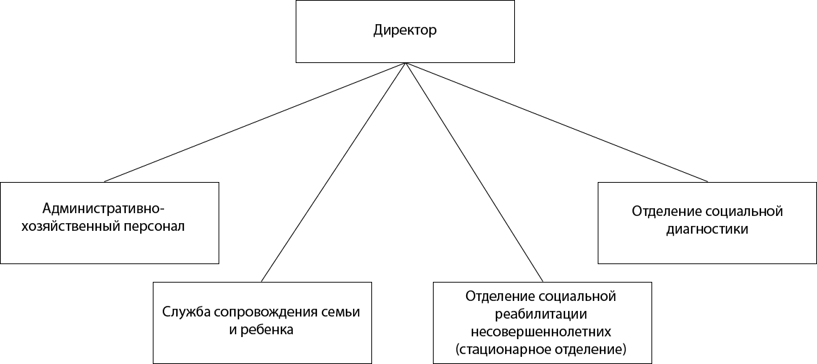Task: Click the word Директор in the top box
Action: coord(405,30)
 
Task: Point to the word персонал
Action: coord(155,229)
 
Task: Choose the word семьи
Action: coord(341,313)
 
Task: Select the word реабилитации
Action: coord(542,314)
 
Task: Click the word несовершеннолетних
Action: coord(541,331)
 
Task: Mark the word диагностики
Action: coord(707,229)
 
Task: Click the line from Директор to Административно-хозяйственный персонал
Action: coord(255,123)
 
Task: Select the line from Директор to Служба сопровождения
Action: coord(333,172)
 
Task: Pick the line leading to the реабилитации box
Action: coord(475,172)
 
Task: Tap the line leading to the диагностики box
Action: coord(557,123)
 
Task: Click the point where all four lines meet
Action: coord(405,63)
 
